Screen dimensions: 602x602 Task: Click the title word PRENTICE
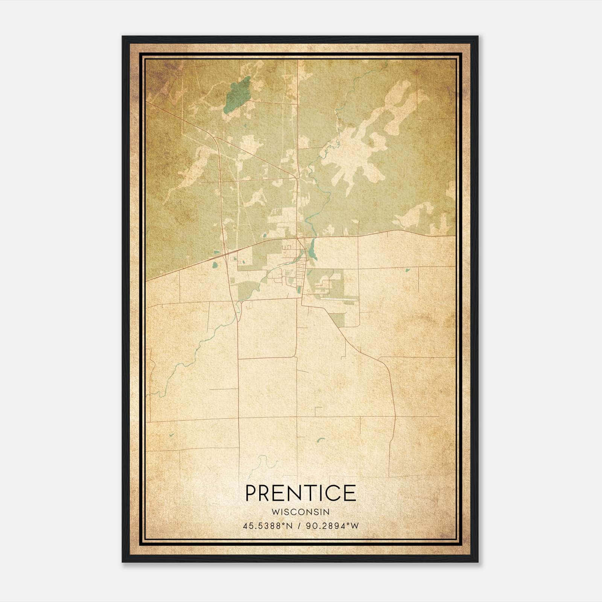coord(301,493)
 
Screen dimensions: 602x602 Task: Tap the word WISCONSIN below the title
coord(300,512)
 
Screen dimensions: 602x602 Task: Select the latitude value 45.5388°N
coord(268,526)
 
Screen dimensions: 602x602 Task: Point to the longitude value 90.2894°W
coord(333,526)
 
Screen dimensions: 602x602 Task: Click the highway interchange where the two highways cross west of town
coord(225,254)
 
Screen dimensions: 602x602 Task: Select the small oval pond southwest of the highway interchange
coord(215,265)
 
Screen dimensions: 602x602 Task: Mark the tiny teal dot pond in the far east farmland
coord(407,270)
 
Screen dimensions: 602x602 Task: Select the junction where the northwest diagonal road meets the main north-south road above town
coord(296,176)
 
